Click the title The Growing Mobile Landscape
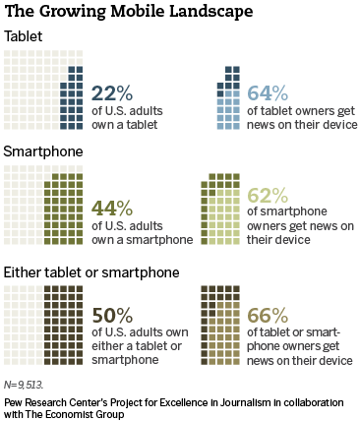click(129, 12)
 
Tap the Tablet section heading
click(23, 36)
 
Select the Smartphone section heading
click(43, 152)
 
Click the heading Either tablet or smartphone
click(91, 272)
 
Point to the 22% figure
click(112, 92)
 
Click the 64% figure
click(268, 92)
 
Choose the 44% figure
click(112, 208)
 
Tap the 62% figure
click(268, 195)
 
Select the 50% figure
click(112, 316)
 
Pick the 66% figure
click(268, 316)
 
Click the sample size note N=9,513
click(24, 385)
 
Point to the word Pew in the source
click(10, 402)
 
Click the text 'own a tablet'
click(125, 125)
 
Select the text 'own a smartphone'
click(143, 240)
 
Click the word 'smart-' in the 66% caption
click(322, 332)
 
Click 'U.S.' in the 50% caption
click(116, 332)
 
